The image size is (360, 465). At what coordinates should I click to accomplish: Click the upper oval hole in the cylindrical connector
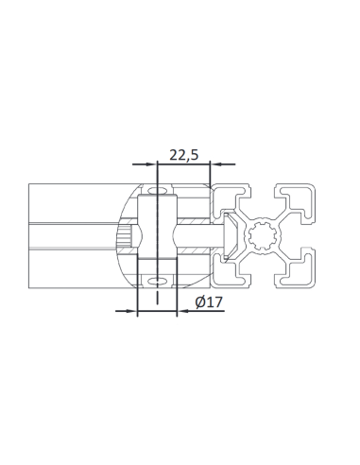157,194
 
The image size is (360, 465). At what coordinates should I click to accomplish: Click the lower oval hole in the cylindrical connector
157,280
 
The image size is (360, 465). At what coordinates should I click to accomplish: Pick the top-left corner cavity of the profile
228,199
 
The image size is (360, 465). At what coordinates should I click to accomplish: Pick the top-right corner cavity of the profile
301,199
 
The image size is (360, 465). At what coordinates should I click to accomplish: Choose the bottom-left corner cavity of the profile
228,273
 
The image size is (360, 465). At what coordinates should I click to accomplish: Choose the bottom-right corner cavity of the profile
301,273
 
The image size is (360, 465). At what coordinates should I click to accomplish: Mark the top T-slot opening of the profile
265,189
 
